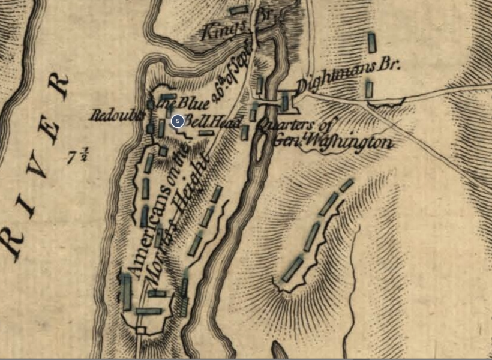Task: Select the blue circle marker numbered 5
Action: [177, 121]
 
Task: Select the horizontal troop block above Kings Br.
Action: [239, 10]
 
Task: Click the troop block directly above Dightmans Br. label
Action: [372, 42]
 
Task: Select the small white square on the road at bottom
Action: [141, 330]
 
